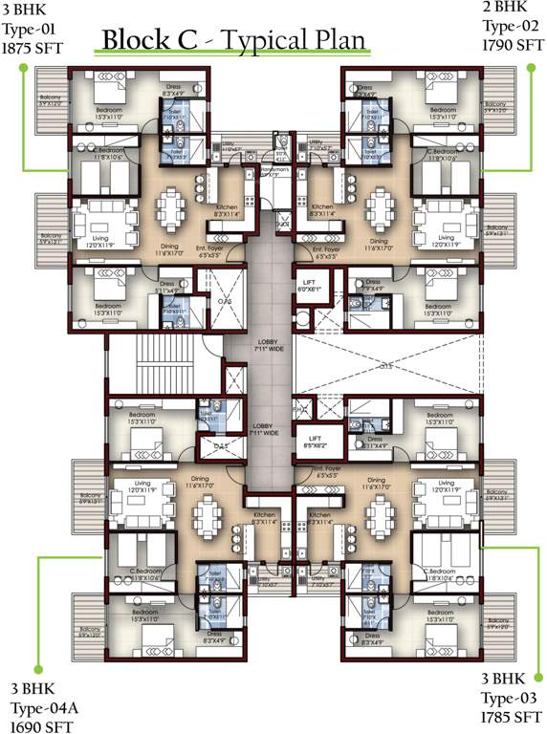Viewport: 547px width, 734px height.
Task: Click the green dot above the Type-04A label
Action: point(37,668)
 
